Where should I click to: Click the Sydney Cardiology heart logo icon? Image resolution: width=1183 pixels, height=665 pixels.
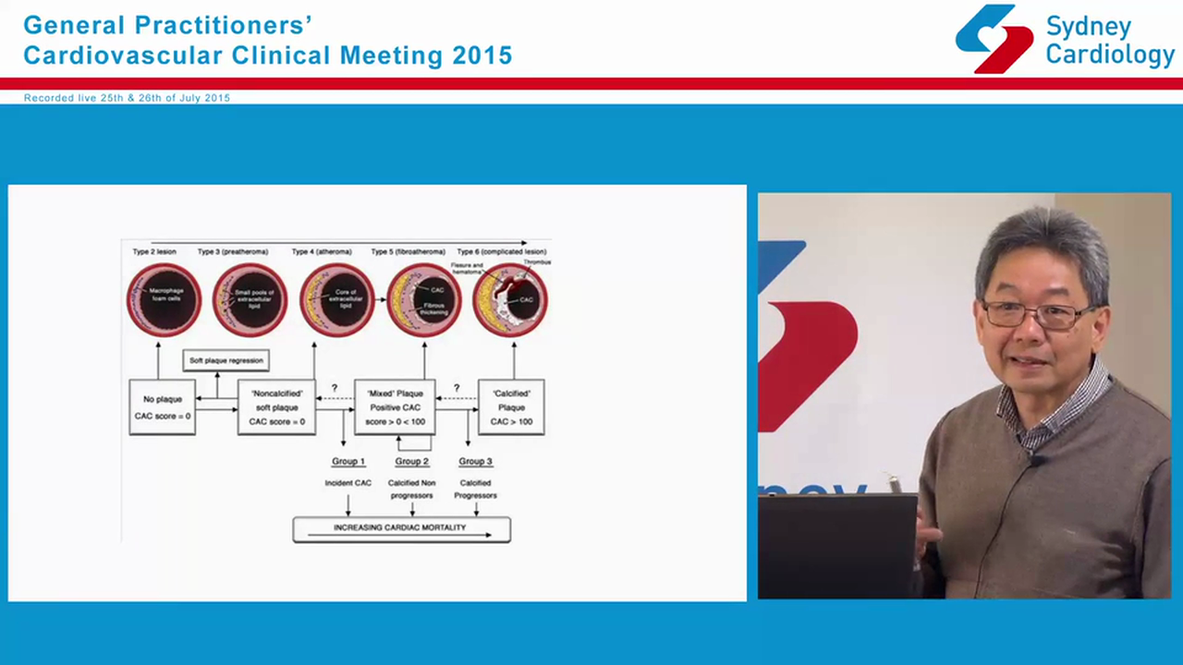tap(994, 39)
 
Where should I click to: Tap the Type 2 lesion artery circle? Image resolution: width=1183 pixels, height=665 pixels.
tap(164, 299)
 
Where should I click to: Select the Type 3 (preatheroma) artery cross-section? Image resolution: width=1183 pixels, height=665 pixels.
tap(250, 299)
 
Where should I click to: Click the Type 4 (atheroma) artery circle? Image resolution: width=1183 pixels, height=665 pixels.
tap(336, 299)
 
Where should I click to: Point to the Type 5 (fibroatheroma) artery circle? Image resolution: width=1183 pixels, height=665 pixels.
tap(423, 299)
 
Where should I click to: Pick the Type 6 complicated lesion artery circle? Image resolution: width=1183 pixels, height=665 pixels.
tap(510, 299)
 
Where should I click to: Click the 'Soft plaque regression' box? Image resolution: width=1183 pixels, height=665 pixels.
tap(226, 360)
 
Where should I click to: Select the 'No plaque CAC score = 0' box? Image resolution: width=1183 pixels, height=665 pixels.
tap(163, 407)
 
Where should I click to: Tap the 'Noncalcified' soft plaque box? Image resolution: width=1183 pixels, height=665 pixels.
tap(276, 407)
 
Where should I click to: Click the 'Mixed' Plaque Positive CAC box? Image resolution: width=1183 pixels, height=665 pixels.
tap(396, 407)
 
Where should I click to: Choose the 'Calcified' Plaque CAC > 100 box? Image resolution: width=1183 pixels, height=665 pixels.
tap(511, 407)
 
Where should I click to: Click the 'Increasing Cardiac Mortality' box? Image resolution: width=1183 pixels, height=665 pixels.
tap(401, 529)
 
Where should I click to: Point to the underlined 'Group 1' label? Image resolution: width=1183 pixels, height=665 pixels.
tap(348, 461)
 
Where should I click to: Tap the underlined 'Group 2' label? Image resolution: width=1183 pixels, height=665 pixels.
tap(412, 461)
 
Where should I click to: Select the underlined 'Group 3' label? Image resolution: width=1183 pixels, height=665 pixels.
tap(475, 461)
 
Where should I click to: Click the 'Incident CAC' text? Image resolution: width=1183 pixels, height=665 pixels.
tap(348, 483)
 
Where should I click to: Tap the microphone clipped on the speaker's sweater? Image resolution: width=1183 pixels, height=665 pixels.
tap(1038, 459)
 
